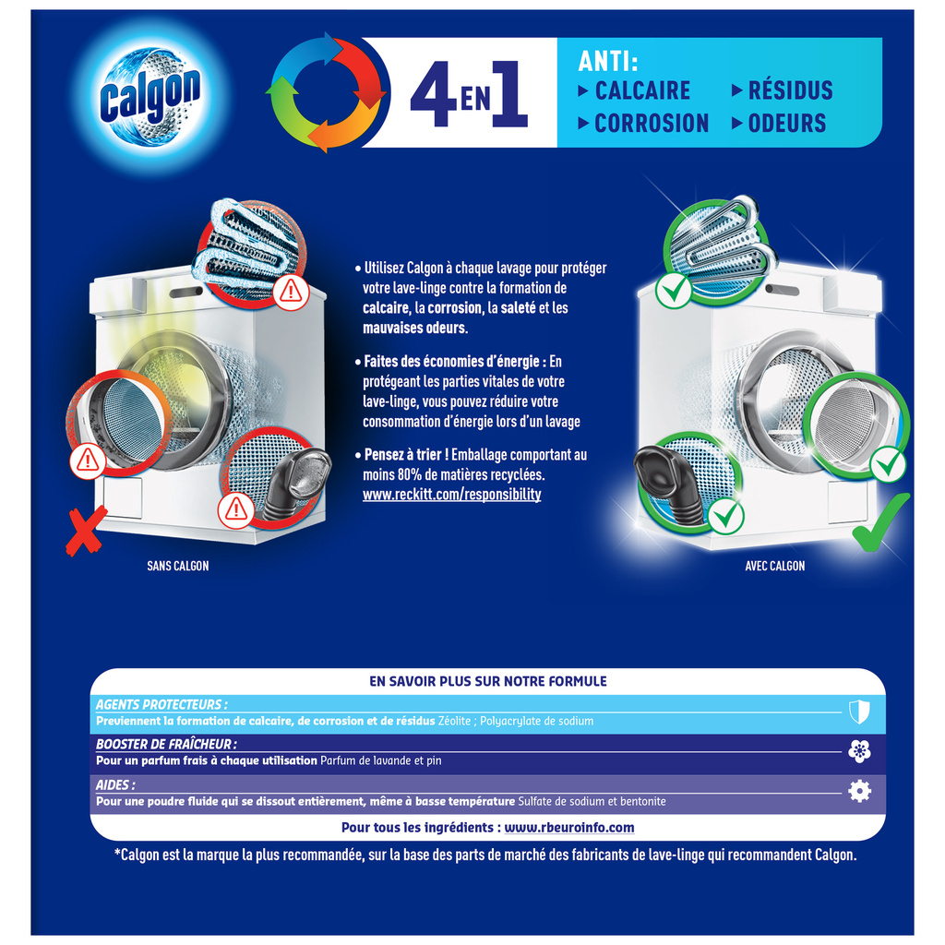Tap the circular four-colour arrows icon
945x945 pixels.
point(326,92)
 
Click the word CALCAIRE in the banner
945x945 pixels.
point(642,90)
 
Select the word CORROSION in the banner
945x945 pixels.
point(651,124)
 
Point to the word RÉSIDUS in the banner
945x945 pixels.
point(790,90)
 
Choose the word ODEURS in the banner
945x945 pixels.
point(786,124)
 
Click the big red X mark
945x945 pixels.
point(85,532)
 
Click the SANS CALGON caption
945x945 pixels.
point(178,566)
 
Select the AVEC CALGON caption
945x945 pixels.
point(774,566)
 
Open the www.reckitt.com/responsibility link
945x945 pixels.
point(451,495)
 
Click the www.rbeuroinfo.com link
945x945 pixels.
point(569,828)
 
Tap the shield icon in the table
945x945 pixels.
point(858,711)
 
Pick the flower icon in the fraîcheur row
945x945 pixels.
point(859,751)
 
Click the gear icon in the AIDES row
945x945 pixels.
point(859,791)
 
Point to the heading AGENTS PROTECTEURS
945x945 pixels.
point(161,703)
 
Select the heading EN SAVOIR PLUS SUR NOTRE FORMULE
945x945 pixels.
point(487,681)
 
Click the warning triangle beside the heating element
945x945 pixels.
point(291,292)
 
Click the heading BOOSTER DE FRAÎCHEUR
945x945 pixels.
point(166,744)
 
